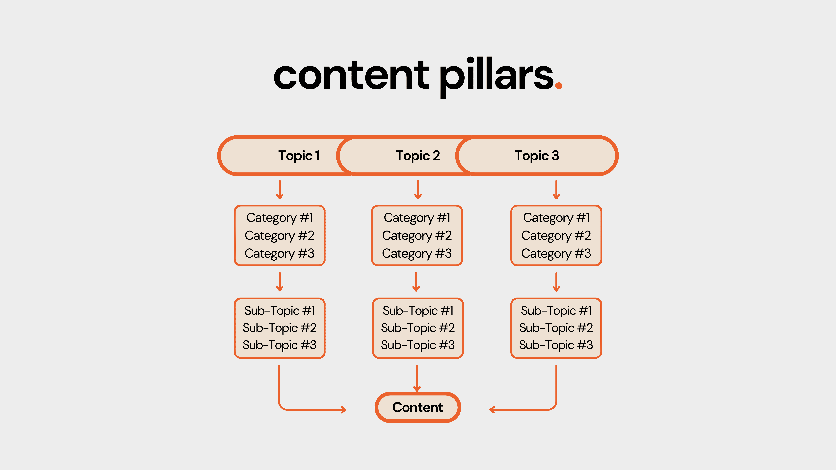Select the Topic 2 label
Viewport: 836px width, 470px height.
418,156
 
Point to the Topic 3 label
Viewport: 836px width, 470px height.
537,156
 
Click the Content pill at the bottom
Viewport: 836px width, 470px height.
418,407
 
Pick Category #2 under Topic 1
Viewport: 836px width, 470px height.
279,235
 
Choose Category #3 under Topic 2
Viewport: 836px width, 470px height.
417,253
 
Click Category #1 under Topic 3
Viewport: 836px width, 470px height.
556,218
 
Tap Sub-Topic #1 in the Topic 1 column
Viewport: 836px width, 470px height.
279,311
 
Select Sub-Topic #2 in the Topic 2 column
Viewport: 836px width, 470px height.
418,328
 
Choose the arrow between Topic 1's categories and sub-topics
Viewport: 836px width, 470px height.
279,282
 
